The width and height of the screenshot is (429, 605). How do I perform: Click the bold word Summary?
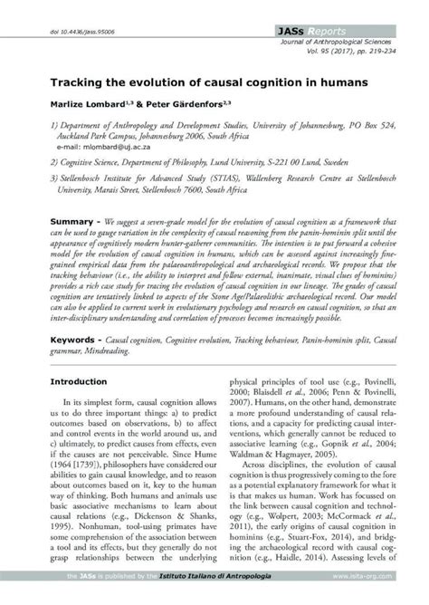[73, 221]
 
